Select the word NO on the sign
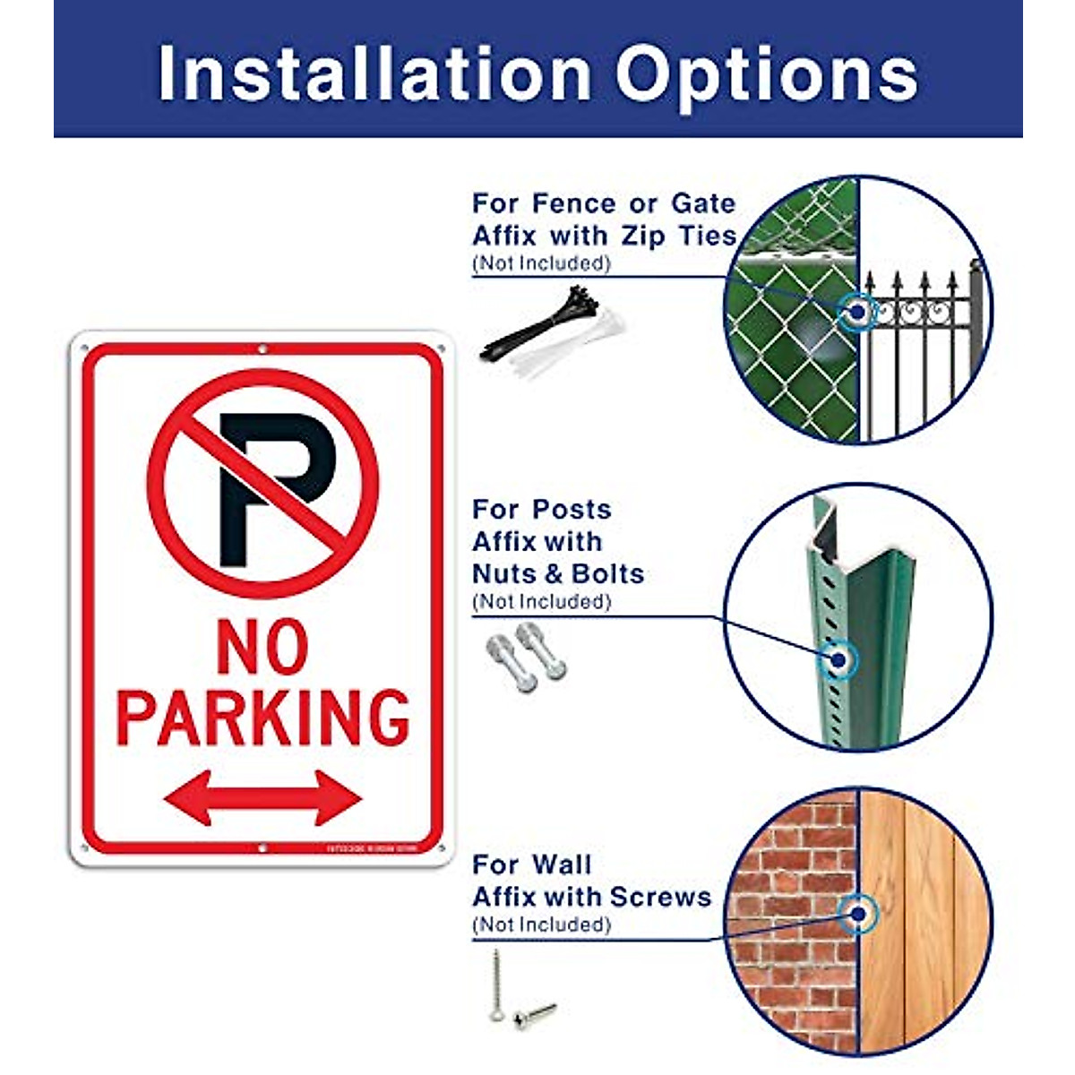(x=262, y=649)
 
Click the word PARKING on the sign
(x=262, y=718)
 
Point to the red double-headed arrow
(x=262, y=796)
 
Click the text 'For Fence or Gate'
(x=603, y=203)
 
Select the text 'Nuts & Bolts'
(x=558, y=573)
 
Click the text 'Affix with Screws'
(x=591, y=897)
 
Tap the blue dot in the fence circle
(x=857, y=311)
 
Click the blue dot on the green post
(x=839, y=661)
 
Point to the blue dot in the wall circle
(x=858, y=914)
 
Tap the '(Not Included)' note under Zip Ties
(x=540, y=263)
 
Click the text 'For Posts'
(x=541, y=510)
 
